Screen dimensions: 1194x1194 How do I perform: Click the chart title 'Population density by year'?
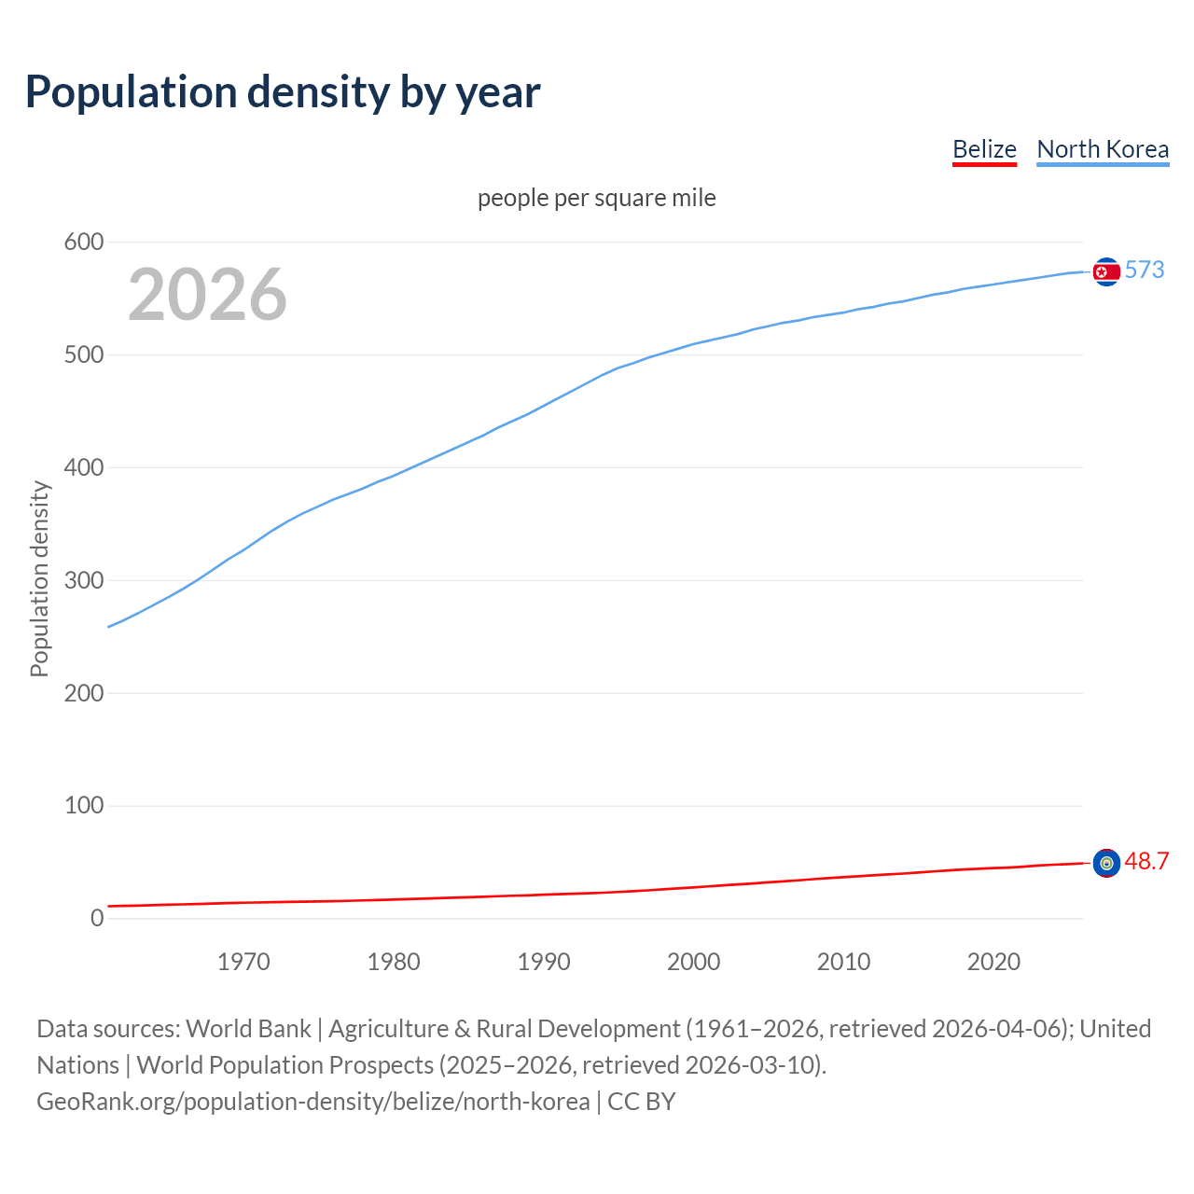(x=283, y=92)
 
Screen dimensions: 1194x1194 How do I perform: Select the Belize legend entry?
(x=984, y=149)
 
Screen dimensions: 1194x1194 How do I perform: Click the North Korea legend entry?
(x=1103, y=149)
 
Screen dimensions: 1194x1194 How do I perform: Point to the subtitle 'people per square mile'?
(x=597, y=199)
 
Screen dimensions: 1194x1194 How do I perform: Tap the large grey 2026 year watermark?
(x=207, y=295)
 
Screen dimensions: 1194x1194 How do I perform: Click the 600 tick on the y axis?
(x=84, y=243)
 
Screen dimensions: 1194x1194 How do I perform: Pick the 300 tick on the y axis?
(x=84, y=580)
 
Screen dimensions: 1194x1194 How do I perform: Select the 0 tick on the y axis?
(x=97, y=918)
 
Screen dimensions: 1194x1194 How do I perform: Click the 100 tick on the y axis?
(x=84, y=805)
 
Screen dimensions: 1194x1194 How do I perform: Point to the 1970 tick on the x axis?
(x=243, y=962)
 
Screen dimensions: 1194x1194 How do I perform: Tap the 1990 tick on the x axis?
(x=544, y=962)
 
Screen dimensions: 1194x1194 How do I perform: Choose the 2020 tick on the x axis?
(x=993, y=962)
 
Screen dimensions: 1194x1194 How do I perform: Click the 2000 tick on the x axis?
(x=694, y=962)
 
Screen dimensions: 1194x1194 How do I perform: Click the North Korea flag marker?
(x=1106, y=271)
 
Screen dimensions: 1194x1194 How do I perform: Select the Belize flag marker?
(x=1106, y=863)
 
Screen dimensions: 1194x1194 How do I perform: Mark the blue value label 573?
(x=1145, y=271)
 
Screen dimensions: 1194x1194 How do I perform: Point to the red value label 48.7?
(x=1146, y=862)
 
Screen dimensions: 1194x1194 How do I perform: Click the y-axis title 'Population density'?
(x=39, y=578)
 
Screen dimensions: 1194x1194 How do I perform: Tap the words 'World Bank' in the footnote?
(x=248, y=1029)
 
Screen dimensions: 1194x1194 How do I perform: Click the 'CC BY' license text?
(x=642, y=1102)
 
